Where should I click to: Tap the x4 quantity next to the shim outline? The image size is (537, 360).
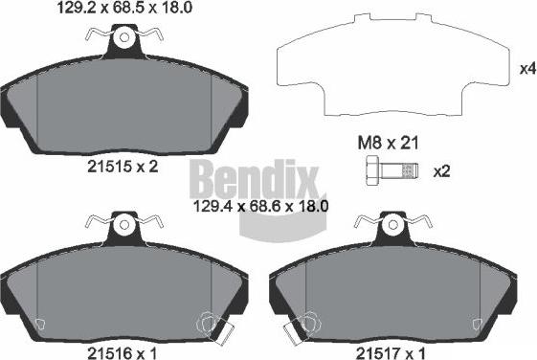click(x=526, y=69)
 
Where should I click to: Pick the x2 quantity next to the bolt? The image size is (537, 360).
click(x=441, y=173)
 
